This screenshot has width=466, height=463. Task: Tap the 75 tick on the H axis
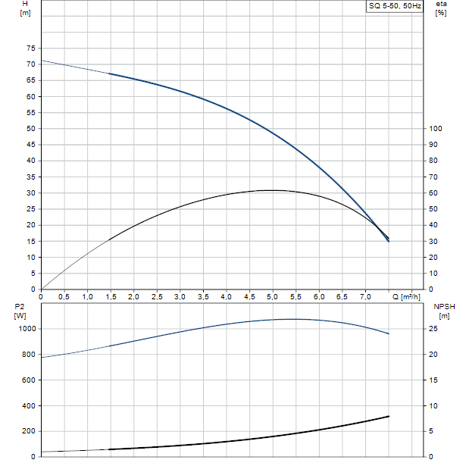(31, 48)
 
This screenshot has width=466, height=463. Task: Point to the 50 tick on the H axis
(31, 128)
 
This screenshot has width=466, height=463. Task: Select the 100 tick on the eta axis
(434, 128)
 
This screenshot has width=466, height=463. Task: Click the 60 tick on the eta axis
(432, 192)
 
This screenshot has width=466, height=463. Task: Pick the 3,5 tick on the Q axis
(203, 297)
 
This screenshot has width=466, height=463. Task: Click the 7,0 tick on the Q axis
(366, 297)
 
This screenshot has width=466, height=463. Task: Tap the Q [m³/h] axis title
(406, 297)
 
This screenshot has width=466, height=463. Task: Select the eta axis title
(441, 5)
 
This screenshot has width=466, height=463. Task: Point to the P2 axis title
(20, 306)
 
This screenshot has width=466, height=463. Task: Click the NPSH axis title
(444, 306)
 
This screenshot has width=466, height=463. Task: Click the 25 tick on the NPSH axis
(432, 329)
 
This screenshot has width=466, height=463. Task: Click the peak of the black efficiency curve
(271, 190)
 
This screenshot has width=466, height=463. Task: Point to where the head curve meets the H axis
(42, 60)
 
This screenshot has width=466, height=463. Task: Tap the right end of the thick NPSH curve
(389, 416)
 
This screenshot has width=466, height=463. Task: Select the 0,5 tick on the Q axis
(64, 297)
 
